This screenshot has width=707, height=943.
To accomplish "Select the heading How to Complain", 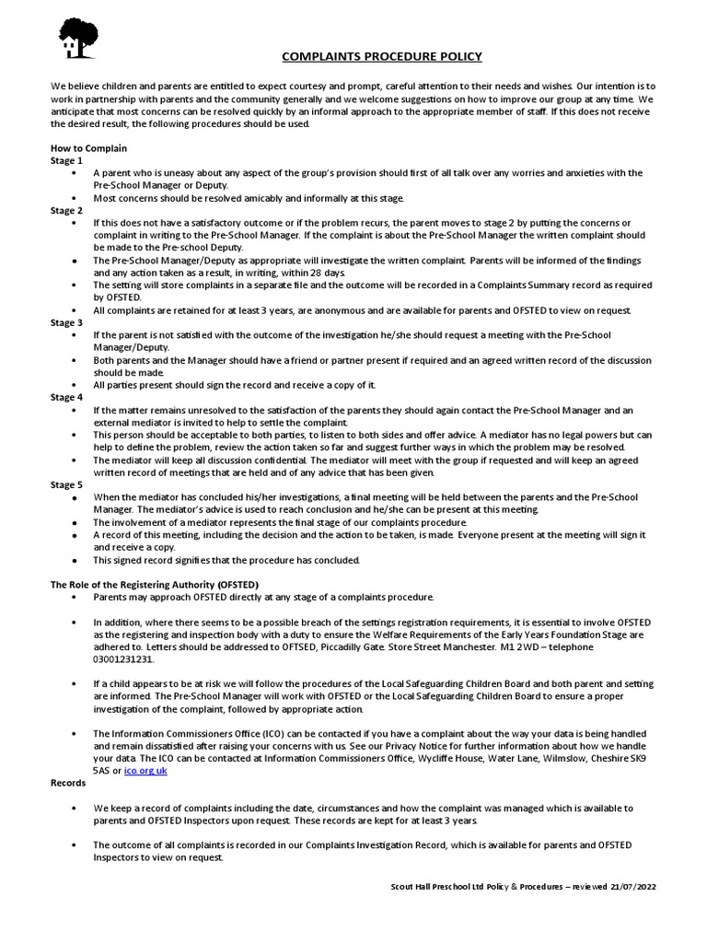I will (88, 148).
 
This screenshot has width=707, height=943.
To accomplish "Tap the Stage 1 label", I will (66, 160).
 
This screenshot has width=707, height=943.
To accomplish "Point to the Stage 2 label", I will (66, 210).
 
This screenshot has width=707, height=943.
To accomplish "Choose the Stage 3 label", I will (66, 323).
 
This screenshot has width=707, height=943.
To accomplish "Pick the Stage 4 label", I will (66, 397).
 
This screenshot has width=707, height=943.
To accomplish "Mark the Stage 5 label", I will (66, 484).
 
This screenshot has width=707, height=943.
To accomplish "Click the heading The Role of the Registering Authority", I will (155, 585).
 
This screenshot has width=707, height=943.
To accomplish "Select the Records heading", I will (68, 783).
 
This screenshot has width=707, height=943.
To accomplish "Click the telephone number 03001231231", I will (124, 659).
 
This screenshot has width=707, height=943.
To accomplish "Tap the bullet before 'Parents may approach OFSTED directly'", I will (74, 598).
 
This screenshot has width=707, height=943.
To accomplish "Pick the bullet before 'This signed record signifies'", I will (74, 560).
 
